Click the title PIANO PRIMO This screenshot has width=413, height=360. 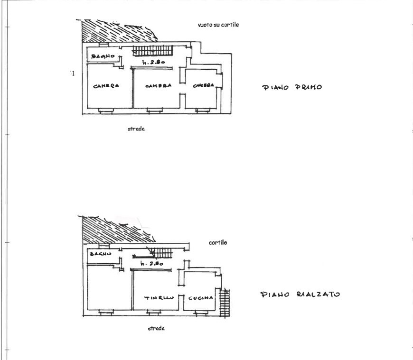(x=292, y=87)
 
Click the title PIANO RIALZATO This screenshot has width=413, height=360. (x=300, y=294)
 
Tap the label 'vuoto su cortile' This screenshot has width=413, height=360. (x=218, y=25)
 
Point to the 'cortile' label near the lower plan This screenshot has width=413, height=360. (x=218, y=242)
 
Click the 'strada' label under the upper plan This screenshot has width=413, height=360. (x=136, y=129)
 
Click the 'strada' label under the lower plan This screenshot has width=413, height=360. (x=156, y=328)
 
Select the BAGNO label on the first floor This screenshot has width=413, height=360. (x=103, y=56)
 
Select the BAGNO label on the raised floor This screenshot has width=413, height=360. (x=101, y=254)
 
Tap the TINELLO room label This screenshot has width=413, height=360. (x=159, y=298)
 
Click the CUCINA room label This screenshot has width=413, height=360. (x=200, y=298)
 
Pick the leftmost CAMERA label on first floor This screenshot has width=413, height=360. (x=106, y=86)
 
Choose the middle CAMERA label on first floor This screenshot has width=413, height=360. (x=158, y=86)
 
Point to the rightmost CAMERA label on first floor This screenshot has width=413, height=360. (x=203, y=85)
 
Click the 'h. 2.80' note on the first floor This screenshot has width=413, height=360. (x=153, y=62)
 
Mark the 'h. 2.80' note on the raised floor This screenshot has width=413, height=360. (x=152, y=263)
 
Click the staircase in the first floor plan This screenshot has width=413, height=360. (x=152, y=51)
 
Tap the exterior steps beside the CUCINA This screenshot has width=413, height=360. (x=225, y=303)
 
